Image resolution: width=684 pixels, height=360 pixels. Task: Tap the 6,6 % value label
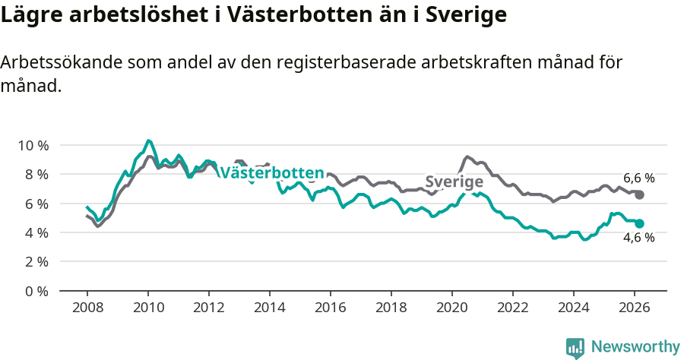[x=638, y=178]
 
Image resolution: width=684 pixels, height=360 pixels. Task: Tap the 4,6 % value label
[x=638, y=238]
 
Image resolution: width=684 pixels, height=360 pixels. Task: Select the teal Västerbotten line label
[x=271, y=173]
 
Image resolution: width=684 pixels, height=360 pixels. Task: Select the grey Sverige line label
[x=454, y=182]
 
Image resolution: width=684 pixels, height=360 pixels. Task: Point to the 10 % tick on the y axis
[x=33, y=145]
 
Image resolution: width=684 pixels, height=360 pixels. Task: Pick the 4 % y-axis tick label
[x=37, y=232]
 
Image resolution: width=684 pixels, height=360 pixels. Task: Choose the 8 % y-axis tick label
[x=37, y=174]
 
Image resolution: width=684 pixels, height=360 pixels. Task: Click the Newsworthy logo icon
[x=575, y=348]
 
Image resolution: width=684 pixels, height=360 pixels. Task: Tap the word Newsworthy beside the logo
[x=635, y=347]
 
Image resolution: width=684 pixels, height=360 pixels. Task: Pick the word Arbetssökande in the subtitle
[x=63, y=63]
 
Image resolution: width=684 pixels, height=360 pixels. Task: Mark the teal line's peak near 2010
[x=149, y=141]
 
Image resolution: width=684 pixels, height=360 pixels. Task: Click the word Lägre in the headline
[x=28, y=15]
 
